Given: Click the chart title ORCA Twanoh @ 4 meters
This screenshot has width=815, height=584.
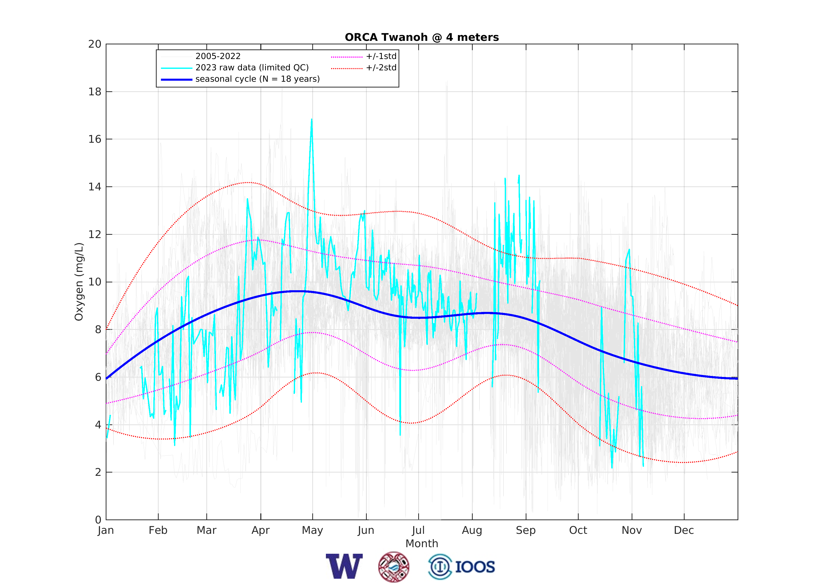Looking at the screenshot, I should tap(421, 37).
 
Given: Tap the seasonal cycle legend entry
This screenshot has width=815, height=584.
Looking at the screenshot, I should tap(257, 79).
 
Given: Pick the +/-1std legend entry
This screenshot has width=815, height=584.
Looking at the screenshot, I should tap(381, 56).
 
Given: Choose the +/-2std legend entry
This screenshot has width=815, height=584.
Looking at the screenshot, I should tap(381, 68).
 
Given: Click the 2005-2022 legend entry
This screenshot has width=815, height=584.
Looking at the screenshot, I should tap(218, 56).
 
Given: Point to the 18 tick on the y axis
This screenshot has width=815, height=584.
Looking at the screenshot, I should tap(95, 92).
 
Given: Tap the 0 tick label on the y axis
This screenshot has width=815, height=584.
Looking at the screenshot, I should tap(98, 520).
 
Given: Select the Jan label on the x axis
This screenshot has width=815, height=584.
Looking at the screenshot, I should tap(106, 531).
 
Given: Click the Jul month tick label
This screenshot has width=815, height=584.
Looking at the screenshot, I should tap(418, 531).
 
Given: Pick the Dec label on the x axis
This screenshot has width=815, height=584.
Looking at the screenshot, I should tap(684, 531).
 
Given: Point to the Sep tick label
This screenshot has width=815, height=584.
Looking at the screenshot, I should tap(526, 531).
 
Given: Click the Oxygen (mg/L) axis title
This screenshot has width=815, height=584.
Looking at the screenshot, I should tap(79, 282).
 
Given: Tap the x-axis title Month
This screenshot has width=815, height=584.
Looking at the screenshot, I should tap(421, 544).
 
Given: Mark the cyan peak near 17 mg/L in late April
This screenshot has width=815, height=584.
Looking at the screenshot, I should tap(312, 120).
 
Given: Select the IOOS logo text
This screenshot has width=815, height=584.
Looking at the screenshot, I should tap(475, 567).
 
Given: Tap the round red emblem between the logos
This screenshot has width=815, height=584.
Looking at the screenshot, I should tap(394, 567).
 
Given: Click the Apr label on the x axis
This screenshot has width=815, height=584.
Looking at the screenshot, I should tap(261, 531).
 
